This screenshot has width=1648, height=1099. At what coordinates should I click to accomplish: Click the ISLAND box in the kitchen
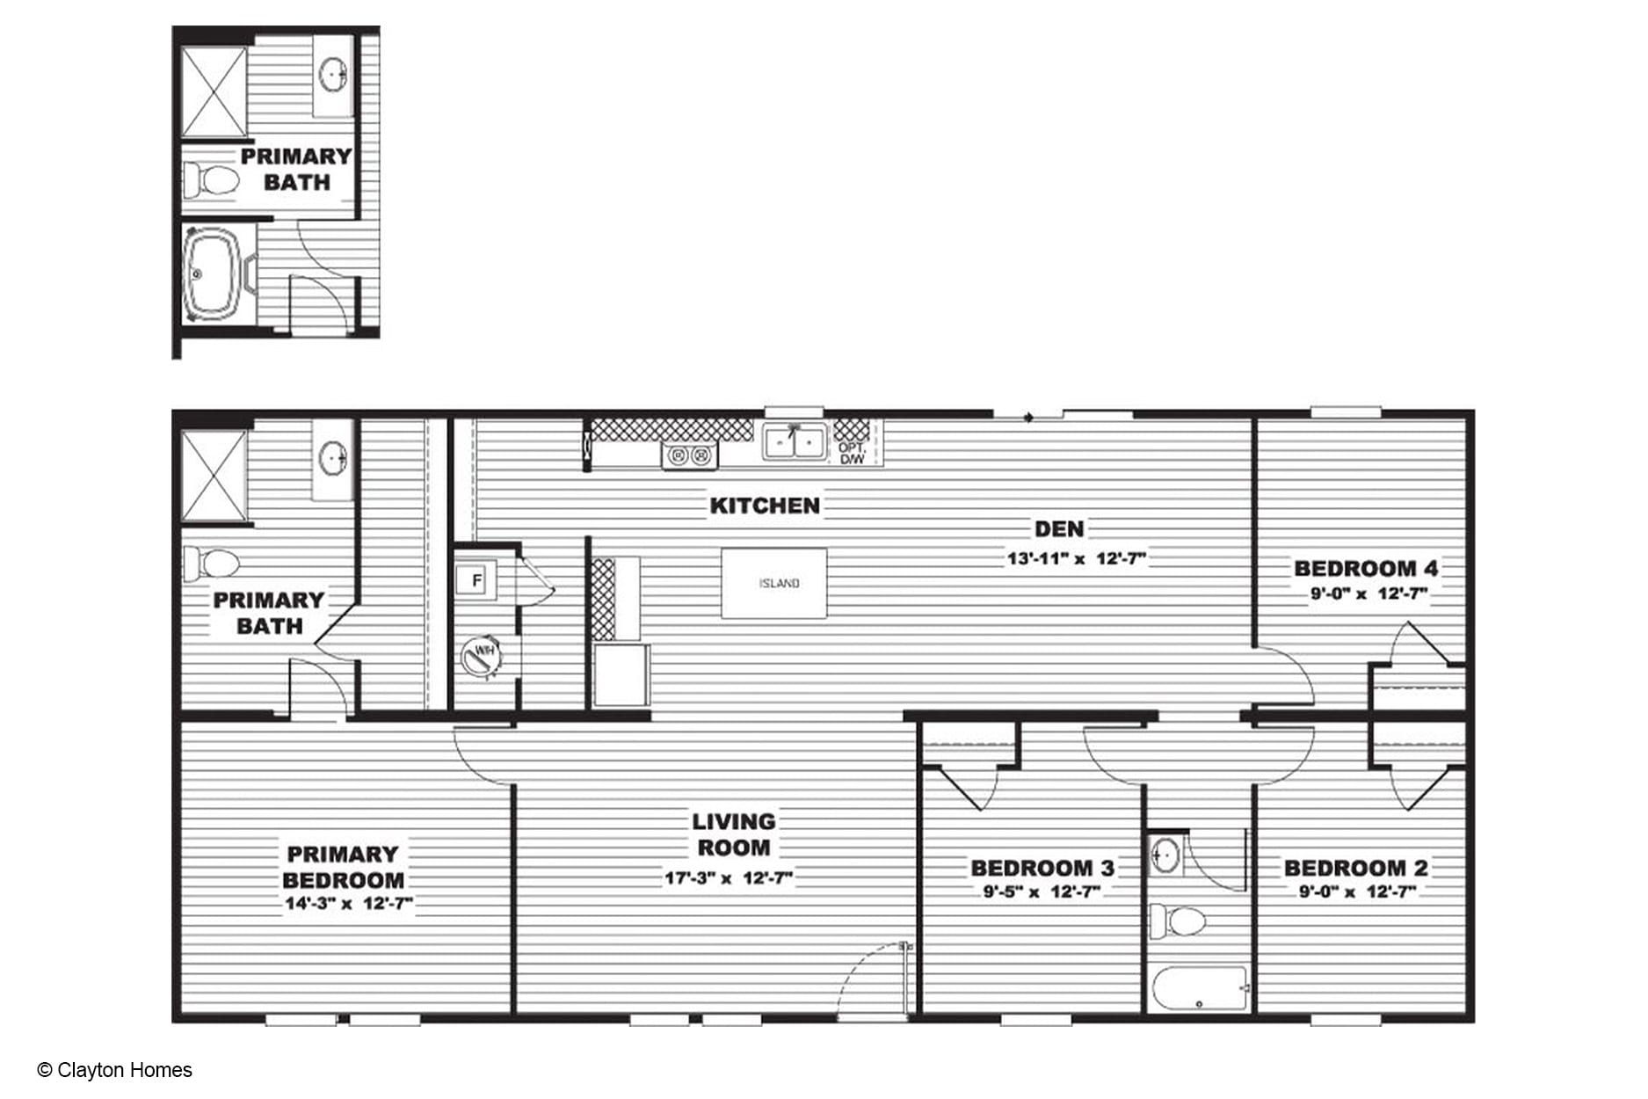pos(773,583)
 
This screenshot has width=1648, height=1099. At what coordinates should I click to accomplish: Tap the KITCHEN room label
pos(765,506)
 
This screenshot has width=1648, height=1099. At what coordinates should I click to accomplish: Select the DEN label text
pos(1059,528)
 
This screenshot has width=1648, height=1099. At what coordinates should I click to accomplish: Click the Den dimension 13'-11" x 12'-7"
pos(1077,557)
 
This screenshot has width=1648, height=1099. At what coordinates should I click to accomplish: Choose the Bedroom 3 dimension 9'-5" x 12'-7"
pos(1042,892)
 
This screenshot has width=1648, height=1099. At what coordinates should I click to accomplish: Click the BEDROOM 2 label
pos(1356,868)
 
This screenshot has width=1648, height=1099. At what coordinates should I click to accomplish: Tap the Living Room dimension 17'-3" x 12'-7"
pos(729,877)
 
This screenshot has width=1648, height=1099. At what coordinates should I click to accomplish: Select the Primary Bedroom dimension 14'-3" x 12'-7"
pos(349,903)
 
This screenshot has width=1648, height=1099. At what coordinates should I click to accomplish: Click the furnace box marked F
pos(476,580)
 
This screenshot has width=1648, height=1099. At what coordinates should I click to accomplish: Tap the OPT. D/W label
pos(852,454)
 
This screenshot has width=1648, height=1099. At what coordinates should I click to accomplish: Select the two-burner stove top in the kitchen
pos(690,455)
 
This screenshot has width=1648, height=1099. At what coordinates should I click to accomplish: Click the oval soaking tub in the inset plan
pos(211,274)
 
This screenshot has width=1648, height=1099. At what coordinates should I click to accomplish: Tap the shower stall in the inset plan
pos(214,92)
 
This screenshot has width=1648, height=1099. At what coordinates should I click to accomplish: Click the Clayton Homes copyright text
pos(115,1070)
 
